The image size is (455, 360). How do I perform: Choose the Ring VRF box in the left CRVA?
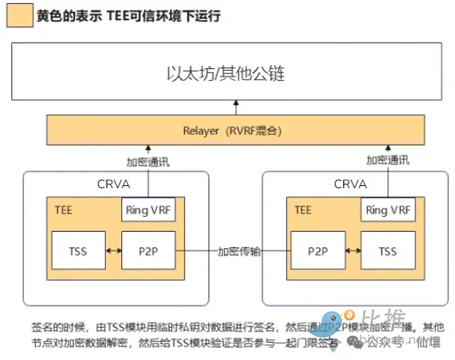(148, 210)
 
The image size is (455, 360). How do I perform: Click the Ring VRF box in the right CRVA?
(388, 210)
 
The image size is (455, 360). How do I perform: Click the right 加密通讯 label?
(388, 160)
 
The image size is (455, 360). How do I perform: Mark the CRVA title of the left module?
(114, 184)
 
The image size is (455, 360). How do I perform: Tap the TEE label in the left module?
(64, 210)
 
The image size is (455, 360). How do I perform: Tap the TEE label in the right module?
(303, 210)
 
